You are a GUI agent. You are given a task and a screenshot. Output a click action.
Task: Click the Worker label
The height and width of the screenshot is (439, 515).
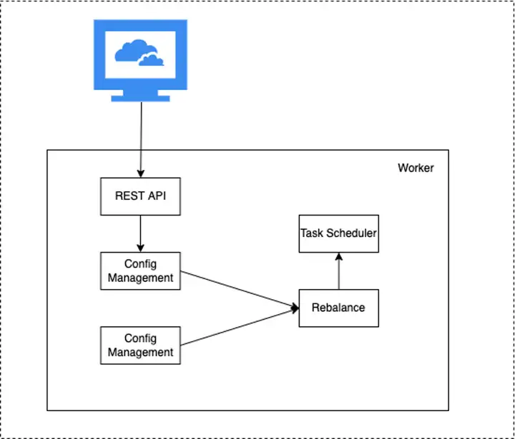tap(416, 168)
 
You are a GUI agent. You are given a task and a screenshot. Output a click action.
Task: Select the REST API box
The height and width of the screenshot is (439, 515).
tap(140, 196)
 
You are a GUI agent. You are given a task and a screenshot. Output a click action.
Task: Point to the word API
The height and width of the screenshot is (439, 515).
tap(157, 196)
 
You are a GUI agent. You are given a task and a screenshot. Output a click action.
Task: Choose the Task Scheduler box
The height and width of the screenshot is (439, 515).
tap(338, 233)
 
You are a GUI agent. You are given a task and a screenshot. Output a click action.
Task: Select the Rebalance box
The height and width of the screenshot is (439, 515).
tap(338, 308)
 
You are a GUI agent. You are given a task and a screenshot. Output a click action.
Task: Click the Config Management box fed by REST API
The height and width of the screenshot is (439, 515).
tap(140, 271)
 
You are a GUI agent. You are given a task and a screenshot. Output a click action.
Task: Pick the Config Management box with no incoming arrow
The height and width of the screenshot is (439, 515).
tap(140, 345)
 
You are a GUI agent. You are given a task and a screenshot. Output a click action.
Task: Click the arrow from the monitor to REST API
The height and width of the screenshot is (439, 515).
tap(141, 140)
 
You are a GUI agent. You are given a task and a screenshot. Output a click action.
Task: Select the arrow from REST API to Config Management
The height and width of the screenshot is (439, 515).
tap(140, 233)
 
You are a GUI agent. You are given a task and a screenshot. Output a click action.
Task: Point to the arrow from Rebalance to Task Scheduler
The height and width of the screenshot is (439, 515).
tap(338, 271)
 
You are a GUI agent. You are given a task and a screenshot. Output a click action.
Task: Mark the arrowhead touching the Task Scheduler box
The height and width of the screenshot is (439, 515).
tap(338, 256)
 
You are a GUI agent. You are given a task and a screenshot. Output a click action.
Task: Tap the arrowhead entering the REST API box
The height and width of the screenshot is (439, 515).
tap(141, 173)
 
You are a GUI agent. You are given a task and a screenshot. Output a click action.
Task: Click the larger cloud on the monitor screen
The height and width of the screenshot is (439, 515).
tap(136, 50)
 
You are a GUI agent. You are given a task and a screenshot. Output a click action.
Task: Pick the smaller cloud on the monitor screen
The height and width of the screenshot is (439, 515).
tap(151, 60)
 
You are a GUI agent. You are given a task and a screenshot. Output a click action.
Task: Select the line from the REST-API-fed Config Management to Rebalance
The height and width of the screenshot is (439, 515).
tap(240, 290)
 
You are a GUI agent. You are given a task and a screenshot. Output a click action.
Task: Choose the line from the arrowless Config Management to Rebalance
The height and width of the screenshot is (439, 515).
tap(240, 327)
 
